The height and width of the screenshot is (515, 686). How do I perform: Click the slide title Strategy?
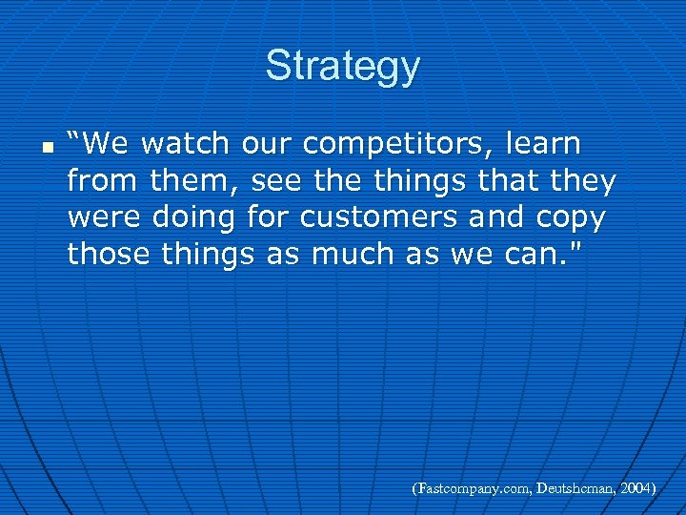[342, 66]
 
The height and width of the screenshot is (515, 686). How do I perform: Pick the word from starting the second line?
[104, 180]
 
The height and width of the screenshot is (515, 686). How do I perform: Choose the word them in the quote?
[194, 180]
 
